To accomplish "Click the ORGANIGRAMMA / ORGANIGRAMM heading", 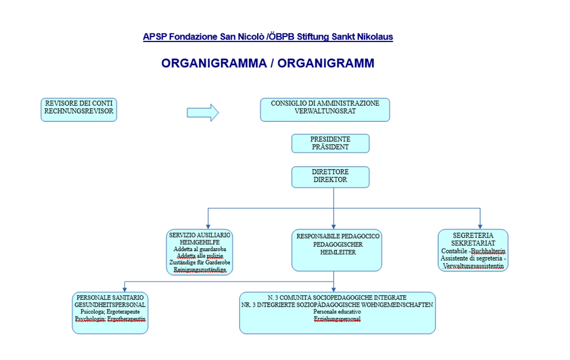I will (268, 63).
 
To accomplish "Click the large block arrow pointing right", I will (202, 112).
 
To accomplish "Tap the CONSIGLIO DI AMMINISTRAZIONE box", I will (325, 109).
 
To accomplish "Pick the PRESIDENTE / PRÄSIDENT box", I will (330, 143).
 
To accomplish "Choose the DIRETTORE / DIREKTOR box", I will (330, 177).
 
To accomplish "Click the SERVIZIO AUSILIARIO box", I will (199, 252).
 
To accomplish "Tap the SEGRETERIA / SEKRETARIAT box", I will (473, 250).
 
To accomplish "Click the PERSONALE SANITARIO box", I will (110, 312).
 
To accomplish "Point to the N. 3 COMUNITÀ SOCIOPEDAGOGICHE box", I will (337, 312).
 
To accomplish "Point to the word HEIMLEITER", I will (338, 252).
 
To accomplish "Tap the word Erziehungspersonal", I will (337, 319).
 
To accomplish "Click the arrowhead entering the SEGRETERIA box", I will (480, 226).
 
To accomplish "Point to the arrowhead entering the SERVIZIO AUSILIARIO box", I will (199, 226).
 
